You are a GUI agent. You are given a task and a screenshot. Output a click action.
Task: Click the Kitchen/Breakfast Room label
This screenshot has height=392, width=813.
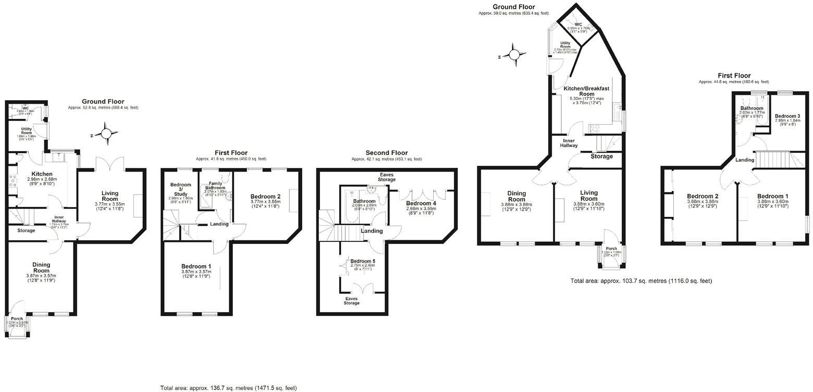point(586,92)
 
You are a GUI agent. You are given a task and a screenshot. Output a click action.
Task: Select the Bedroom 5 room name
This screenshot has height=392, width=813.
point(362,261)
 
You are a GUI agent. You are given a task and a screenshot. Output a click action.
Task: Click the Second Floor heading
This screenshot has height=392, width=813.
point(386,153)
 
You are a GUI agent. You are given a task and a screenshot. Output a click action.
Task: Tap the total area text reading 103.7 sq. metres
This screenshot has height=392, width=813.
point(640,281)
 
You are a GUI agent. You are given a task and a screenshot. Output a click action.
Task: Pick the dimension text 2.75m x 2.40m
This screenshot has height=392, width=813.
point(362,266)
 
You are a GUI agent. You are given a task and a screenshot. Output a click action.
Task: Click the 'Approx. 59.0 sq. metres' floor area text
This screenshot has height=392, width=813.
point(513,13)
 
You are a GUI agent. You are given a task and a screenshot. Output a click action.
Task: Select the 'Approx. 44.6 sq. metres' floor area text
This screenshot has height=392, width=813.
point(733,82)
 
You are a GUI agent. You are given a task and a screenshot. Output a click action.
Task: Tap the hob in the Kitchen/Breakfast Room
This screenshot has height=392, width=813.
point(595,127)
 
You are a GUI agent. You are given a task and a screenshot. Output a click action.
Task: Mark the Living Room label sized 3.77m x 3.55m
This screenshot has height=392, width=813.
point(109,196)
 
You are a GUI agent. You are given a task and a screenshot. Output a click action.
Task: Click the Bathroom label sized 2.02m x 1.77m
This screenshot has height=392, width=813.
point(751,108)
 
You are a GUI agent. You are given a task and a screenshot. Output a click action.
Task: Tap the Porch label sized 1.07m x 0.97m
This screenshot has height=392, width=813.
point(17,319)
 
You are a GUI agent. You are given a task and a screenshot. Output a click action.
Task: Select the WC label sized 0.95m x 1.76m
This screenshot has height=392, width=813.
point(578,24)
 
